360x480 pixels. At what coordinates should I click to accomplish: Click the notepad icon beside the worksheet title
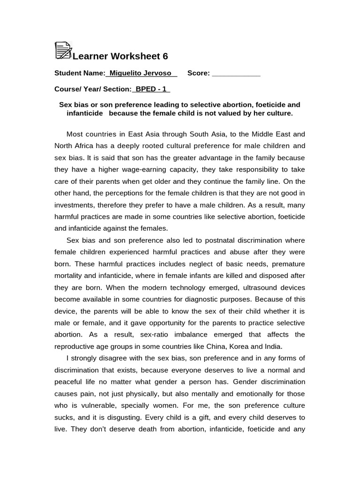click(x=63, y=50)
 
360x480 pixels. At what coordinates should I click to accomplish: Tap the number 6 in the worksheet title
click(x=165, y=57)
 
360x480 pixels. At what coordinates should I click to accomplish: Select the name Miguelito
click(x=126, y=73)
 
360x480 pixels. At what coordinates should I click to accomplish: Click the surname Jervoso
click(x=159, y=73)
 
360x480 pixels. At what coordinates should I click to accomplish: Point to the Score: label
click(x=198, y=73)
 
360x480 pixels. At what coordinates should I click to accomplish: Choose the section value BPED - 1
click(x=151, y=89)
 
